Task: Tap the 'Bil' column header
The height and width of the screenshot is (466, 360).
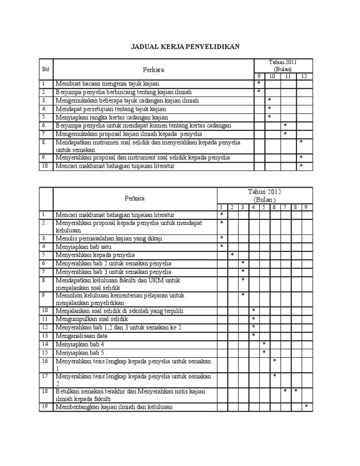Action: [x=45, y=69]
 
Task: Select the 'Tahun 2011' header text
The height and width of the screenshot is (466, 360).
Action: [x=283, y=62]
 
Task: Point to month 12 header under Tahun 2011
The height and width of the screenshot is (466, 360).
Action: [x=304, y=76]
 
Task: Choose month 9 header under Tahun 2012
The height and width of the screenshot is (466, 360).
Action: [x=306, y=207]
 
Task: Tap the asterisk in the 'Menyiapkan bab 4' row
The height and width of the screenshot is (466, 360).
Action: [x=264, y=344]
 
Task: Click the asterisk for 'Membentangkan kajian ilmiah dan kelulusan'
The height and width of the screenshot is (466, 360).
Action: [x=307, y=406]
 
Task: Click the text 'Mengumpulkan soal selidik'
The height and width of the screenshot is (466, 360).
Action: [x=92, y=318]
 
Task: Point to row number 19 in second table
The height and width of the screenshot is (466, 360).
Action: [x=45, y=406]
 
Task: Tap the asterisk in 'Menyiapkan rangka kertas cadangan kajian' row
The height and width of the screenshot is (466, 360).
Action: [x=269, y=117]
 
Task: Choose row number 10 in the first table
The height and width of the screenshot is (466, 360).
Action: [x=45, y=166]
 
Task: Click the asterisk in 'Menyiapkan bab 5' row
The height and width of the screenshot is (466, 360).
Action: [x=264, y=352]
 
